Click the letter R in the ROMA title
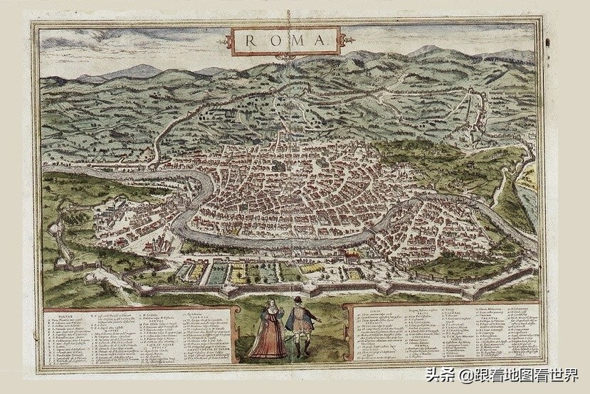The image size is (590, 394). point(251,40)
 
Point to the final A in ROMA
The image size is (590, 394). point(319,40)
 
